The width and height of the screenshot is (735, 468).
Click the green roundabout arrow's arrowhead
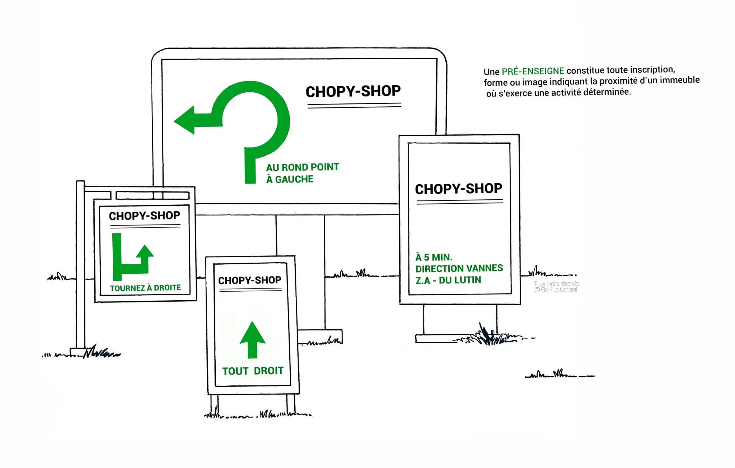click(185, 120)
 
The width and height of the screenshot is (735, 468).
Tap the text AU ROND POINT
click(302, 167)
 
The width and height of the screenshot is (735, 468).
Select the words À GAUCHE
click(290, 179)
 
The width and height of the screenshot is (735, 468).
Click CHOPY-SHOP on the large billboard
click(353, 92)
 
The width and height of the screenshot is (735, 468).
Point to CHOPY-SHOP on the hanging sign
click(144, 216)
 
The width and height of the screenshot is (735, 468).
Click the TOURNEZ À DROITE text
click(145, 288)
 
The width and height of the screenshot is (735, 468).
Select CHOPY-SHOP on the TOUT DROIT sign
click(250, 280)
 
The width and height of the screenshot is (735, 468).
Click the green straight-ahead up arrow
click(252, 339)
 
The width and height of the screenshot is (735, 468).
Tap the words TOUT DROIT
click(253, 371)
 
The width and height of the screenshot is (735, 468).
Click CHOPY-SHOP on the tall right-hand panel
click(458, 189)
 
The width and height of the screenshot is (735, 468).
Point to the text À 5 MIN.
click(434, 257)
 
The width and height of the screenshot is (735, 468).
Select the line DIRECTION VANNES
click(459, 268)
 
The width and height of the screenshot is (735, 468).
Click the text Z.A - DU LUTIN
click(448, 280)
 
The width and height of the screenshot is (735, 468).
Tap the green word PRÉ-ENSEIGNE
click(533, 71)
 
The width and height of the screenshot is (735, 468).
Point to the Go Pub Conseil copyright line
click(556, 289)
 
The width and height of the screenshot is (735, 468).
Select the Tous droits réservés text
click(557, 283)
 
